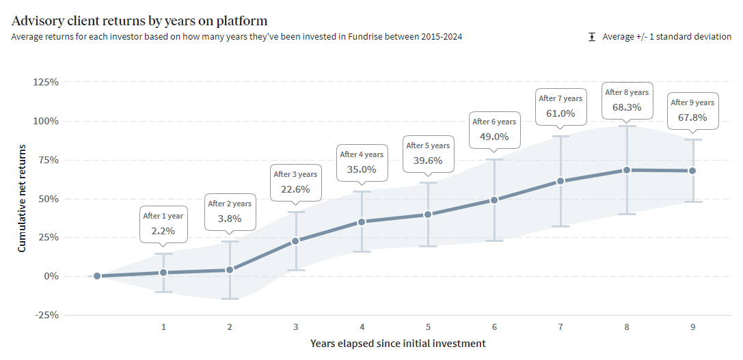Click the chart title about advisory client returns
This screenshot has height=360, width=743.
(x=139, y=21)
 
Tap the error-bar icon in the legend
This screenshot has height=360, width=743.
(x=592, y=37)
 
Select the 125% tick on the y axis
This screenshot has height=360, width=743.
(x=46, y=82)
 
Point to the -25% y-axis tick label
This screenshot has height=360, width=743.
(x=46, y=315)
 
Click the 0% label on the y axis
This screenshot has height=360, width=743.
(x=52, y=276)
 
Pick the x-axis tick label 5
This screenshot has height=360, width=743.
(x=428, y=327)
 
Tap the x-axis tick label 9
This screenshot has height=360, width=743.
(x=692, y=327)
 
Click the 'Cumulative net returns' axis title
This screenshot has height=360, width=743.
(x=22, y=198)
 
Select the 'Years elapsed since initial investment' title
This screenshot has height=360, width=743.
(x=398, y=343)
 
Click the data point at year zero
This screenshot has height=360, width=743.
(x=97, y=276)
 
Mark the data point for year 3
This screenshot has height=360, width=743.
(x=295, y=241)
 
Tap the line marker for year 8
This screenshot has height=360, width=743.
(x=626, y=170)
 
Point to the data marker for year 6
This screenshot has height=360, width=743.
(x=494, y=200)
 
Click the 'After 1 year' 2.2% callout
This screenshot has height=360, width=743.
(x=163, y=224)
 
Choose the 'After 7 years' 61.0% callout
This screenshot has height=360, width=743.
(x=560, y=107)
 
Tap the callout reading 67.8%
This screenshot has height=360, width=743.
(x=692, y=111)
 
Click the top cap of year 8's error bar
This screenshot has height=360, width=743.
(x=626, y=126)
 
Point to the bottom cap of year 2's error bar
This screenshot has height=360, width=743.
(x=230, y=299)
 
